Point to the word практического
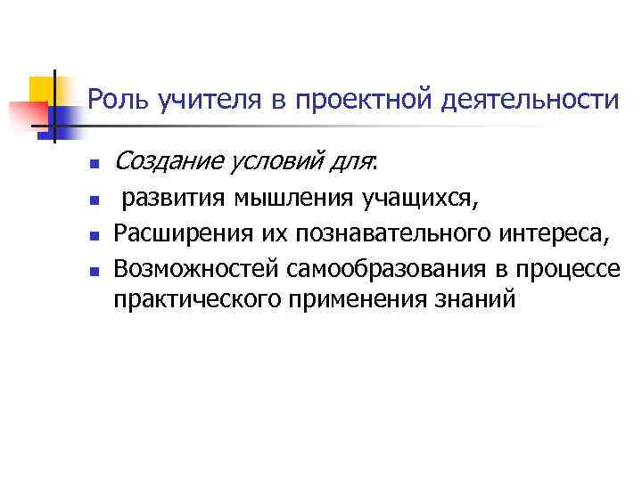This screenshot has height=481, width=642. tap(196, 298)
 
